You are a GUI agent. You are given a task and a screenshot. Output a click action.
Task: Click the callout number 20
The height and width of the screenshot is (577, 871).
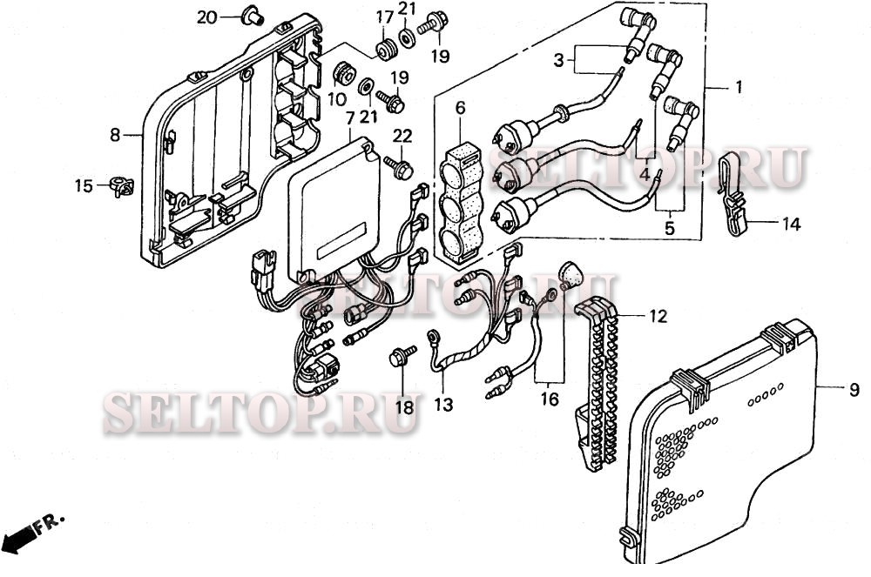pyautogui.click(x=206, y=17)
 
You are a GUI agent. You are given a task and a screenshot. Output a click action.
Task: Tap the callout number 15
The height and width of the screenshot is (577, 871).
pyautogui.click(x=83, y=185)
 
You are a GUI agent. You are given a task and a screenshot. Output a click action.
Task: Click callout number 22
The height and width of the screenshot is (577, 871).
pyautogui.click(x=402, y=136)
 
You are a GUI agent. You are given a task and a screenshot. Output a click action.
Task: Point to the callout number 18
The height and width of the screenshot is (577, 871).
pyautogui.click(x=403, y=407)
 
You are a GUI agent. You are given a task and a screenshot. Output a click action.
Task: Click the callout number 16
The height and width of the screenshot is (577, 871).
pyautogui.click(x=549, y=399)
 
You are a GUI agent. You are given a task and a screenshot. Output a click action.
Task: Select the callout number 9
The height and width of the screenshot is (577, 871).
pyautogui.click(x=853, y=391)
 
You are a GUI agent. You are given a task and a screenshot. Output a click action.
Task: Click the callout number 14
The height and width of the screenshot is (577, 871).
pyautogui.click(x=790, y=224)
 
